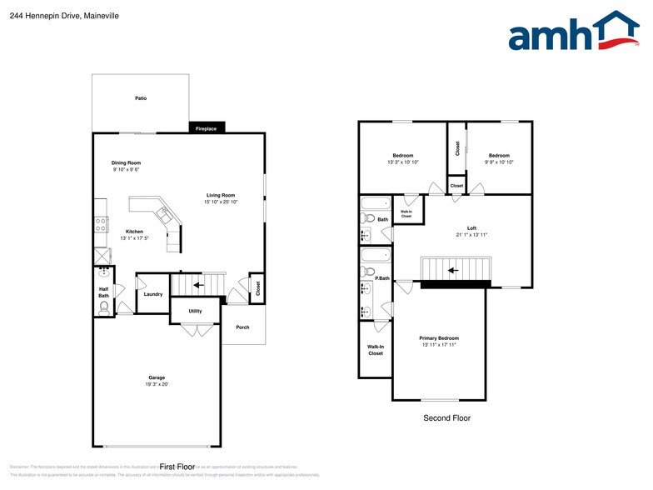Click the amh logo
pos(574,32)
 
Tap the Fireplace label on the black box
pos(206,128)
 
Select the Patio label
pos(141,98)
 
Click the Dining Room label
pos(127,162)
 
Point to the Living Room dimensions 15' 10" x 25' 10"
pos(221,202)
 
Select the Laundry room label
pos(152,294)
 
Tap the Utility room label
pos(195,311)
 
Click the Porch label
pos(242,327)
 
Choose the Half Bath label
pos(103,292)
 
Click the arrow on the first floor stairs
pos(198,285)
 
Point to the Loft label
pos(471,227)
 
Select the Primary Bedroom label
pos(439,338)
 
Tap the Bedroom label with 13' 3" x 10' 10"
pos(403,156)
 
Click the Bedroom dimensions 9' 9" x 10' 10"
pos(499,162)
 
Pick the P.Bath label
pos(382,277)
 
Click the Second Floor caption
pos(446,417)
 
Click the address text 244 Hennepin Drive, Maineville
pos(51,14)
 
